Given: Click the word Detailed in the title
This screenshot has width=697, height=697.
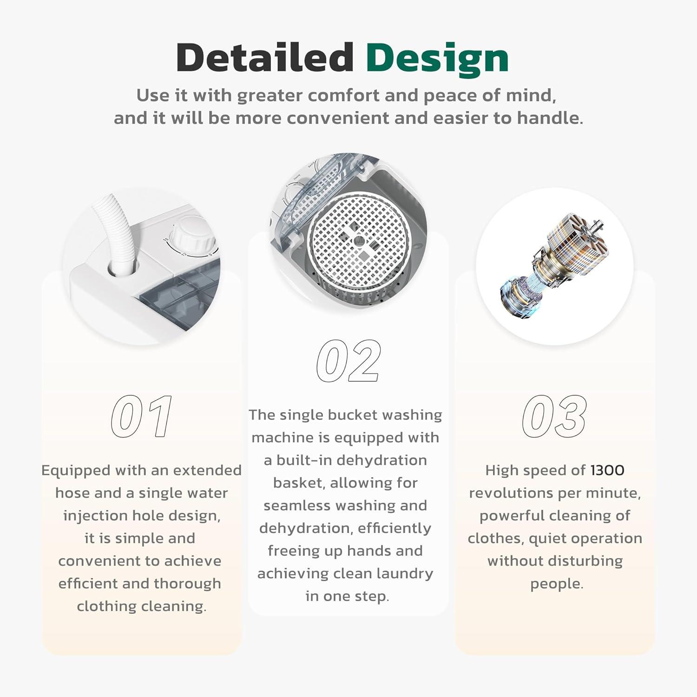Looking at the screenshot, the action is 265,57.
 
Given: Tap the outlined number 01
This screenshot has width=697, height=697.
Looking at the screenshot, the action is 142,416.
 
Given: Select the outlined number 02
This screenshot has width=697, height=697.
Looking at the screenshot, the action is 348,361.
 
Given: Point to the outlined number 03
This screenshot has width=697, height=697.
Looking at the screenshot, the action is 554,416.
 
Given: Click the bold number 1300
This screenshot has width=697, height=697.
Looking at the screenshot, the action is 607,470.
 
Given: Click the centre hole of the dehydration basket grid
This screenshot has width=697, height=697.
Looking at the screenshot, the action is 359,241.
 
